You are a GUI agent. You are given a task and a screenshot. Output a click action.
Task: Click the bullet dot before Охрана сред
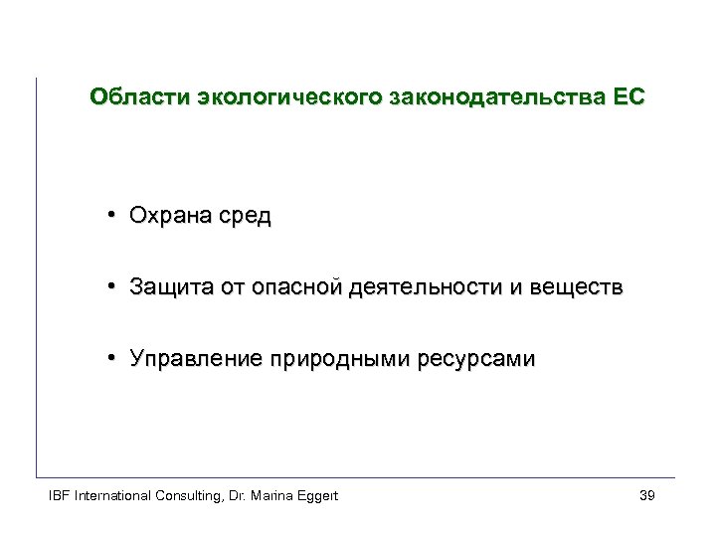(115, 216)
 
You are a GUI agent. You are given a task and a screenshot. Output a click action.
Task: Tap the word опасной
(297, 287)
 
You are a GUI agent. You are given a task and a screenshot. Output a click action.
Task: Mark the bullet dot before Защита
(115, 287)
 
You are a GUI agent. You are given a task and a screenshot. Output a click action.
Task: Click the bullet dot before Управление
(115, 359)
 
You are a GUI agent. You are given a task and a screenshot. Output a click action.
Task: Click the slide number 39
(646, 495)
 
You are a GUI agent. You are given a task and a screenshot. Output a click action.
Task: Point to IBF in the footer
(61, 495)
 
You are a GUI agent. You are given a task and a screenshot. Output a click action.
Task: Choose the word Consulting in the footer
(188, 495)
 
